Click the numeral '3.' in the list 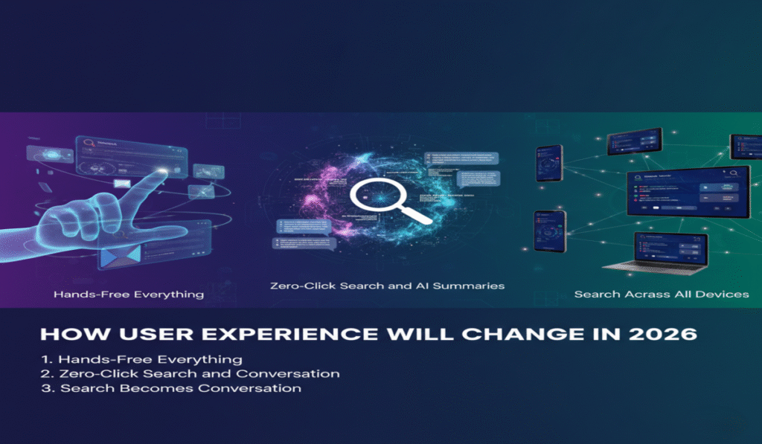(x=49, y=388)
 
